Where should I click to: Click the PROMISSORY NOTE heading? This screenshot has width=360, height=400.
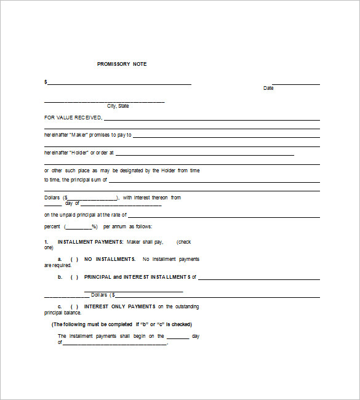[122, 64]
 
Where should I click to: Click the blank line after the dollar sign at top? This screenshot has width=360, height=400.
[119, 84]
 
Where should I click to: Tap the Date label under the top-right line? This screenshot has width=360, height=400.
[268, 88]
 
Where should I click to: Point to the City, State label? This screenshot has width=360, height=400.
[118, 106]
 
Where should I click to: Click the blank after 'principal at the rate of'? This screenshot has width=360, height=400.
[224, 216]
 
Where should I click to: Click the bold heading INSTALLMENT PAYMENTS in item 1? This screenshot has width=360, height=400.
[90, 242]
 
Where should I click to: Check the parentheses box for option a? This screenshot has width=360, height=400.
[74, 259]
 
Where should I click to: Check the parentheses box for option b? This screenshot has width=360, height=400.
[74, 277]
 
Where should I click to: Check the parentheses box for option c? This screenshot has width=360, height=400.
[74, 306]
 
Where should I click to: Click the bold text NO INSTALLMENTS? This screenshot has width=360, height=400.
[110, 259]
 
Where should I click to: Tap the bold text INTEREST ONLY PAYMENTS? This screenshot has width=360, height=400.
[119, 306]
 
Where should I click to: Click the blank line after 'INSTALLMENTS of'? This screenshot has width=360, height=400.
[258, 278]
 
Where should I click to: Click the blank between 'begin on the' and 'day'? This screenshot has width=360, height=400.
[178, 337]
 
